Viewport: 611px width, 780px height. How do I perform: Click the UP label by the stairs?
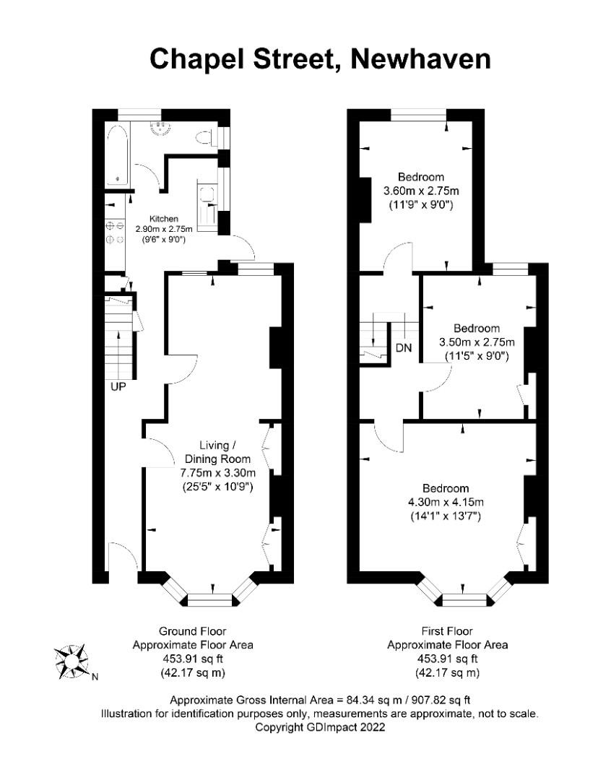118,387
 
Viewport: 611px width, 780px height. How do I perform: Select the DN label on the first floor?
404,349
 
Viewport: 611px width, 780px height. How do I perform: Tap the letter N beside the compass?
95,677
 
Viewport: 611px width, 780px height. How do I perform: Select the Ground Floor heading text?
193,631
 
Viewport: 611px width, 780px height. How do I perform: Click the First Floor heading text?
448,631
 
